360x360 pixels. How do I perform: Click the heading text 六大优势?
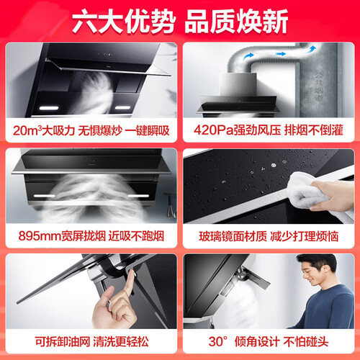pos(124,22)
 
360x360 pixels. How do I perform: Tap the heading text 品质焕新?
pos(236,22)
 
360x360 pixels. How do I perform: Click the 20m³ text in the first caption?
pos(27,130)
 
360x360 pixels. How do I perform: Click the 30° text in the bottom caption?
pos(218,341)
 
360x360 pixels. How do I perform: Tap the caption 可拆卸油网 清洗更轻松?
pos(91,341)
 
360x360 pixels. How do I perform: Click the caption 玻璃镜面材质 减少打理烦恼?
pos(269,236)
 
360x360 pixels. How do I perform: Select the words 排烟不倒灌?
pos(314,130)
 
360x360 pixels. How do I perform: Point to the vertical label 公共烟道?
pos(319,86)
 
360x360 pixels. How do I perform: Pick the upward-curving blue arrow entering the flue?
pos(312,49)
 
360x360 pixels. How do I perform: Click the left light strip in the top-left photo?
pos(49,108)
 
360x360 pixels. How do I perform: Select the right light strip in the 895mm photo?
pos(138,196)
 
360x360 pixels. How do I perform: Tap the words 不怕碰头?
pos(306,341)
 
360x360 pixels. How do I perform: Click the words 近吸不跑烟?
pos(136,236)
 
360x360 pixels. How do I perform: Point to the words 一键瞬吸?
pos(148,130)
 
